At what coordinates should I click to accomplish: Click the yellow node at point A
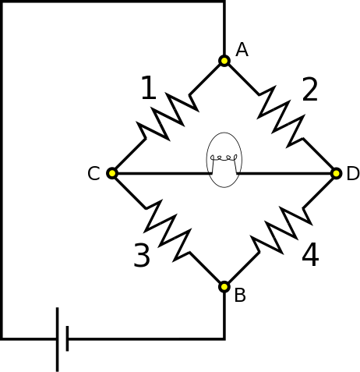[224, 60]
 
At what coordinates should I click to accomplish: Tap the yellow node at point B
[224, 286]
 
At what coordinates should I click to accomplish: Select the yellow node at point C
[112, 173]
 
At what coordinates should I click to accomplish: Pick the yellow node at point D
[337, 173]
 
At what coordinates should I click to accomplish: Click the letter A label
[242, 50]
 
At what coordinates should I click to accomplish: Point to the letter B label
[240, 296]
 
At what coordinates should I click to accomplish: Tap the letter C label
[94, 174]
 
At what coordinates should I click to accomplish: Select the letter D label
[353, 174]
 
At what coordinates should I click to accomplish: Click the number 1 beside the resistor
[148, 89]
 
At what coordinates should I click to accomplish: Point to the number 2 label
[309, 90]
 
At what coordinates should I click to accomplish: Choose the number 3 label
[141, 256]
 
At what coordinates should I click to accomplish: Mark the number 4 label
[310, 255]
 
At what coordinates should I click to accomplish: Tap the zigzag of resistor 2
[281, 117]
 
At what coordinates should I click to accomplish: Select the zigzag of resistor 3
[168, 229]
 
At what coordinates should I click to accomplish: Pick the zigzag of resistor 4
[281, 229]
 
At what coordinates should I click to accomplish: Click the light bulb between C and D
[224, 160]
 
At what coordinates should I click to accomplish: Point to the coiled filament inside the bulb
[224, 157]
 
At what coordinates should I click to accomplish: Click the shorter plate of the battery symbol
[68, 339]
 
